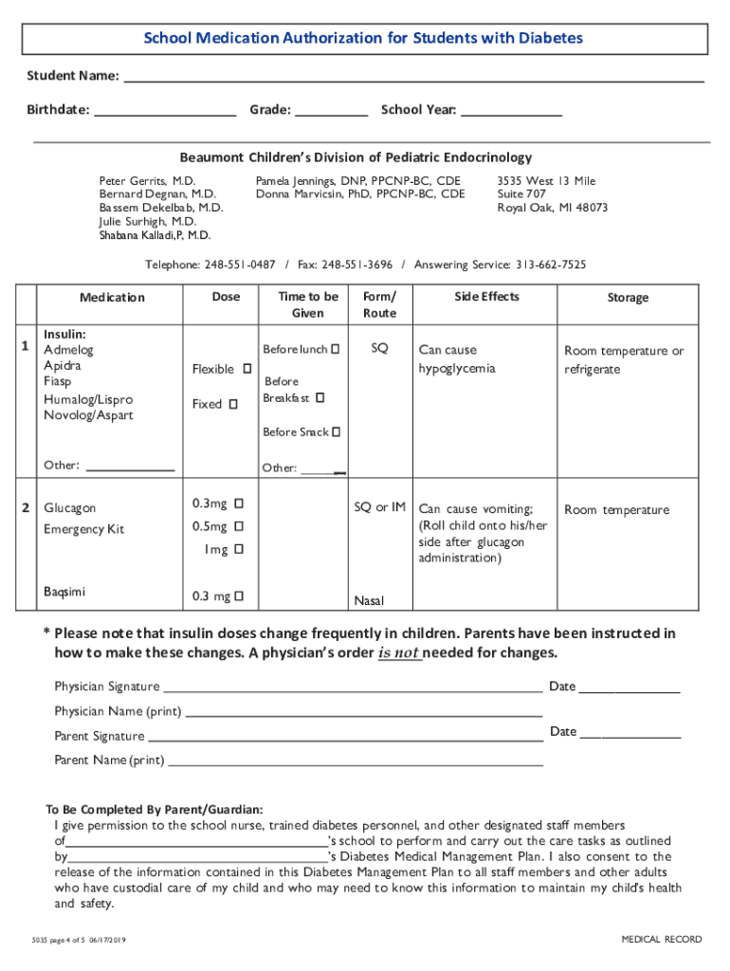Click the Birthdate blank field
click(165, 111)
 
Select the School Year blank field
click(511, 111)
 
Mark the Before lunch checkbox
click(336, 350)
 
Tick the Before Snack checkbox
click(337, 432)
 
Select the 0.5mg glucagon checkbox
click(239, 526)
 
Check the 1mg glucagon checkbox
click(239, 550)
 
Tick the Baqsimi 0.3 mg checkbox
click(239, 596)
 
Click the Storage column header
click(628, 298)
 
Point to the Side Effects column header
click(486, 297)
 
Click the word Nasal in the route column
click(369, 600)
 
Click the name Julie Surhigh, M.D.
click(148, 221)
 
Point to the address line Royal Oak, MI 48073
click(553, 208)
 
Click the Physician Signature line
click(353, 687)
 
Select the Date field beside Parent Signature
click(630, 732)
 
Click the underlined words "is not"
click(399, 653)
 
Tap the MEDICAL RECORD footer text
click(662, 940)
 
